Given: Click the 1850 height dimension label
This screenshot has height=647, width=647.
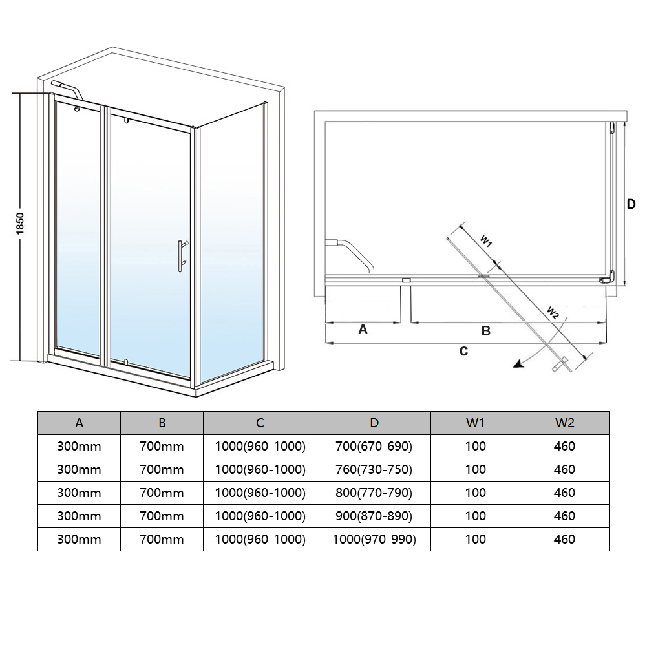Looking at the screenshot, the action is [x=20, y=223].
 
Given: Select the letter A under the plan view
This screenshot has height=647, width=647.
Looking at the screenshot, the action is [x=363, y=329].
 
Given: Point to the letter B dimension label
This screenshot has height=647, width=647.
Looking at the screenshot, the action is [x=485, y=330].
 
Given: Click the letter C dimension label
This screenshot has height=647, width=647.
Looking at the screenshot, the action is [x=464, y=351].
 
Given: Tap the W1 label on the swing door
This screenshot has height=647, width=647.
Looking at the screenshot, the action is [x=486, y=240].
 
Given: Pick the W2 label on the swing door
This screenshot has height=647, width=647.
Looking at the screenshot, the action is [x=553, y=312].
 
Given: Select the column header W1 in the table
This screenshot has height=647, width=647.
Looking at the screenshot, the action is [x=475, y=423].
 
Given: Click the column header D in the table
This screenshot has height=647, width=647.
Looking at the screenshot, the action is [x=374, y=423].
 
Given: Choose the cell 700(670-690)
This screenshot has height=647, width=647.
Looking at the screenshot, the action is [x=374, y=446].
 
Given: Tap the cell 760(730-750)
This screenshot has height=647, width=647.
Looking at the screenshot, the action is [x=374, y=469].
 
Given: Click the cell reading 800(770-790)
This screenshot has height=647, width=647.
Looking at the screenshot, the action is [x=374, y=493].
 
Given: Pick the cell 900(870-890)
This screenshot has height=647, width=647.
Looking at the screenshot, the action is [x=374, y=516].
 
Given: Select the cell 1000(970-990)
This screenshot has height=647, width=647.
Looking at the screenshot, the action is [x=374, y=539].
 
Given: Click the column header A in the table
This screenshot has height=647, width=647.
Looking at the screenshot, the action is [x=80, y=423].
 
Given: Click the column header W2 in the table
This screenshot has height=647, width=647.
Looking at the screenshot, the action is [x=564, y=423].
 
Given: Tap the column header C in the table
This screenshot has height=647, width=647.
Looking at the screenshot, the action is [x=260, y=423].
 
